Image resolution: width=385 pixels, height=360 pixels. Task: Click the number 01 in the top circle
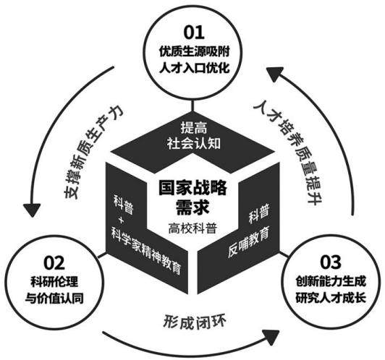(x=194, y=33)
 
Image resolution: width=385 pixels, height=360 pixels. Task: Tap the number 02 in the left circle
(x=54, y=263)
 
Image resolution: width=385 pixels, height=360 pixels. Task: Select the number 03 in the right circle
(x=331, y=262)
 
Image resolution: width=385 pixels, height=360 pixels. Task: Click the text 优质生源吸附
(x=194, y=51)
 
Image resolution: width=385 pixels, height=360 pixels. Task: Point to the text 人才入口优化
(x=194, y=67)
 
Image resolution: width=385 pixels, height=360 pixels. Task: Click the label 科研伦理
(x=54, y=282)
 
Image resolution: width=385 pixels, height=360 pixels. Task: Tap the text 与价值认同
(x=54, y=299)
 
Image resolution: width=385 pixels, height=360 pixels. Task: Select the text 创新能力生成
(x=331, y=281)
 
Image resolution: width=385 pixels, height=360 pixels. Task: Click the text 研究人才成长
(x=331, y=297)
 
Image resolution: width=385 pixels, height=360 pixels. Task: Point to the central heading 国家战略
(x=192, y=188)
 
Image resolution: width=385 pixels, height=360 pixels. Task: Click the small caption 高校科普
(x=192, y=228)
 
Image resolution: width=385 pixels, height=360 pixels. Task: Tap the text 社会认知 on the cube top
(x=194, y=143)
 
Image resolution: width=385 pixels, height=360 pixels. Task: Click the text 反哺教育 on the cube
(x=248, y=242)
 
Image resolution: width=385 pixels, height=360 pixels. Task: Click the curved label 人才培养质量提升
(x=288, y=151)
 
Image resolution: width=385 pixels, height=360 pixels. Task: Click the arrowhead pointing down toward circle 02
(x=32, y=210)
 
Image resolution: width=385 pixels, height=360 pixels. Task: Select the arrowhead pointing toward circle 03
(x=271, y=338)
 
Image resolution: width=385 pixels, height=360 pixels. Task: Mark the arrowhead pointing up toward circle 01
(x=275, y=74)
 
